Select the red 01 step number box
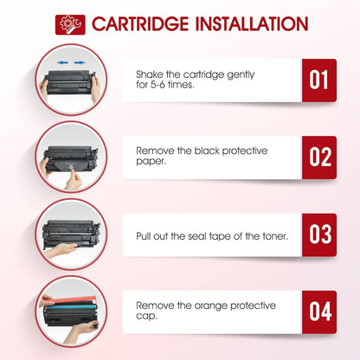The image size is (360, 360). click(x=318, y=80)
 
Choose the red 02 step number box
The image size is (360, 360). click(x=318, y=157)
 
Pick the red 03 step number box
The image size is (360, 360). click(x=318, y=235)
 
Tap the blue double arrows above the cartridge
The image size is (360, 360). click(x=67, y=63)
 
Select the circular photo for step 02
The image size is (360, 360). click(x=68, y=157)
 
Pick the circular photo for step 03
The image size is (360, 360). click(x=68, y=235)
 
